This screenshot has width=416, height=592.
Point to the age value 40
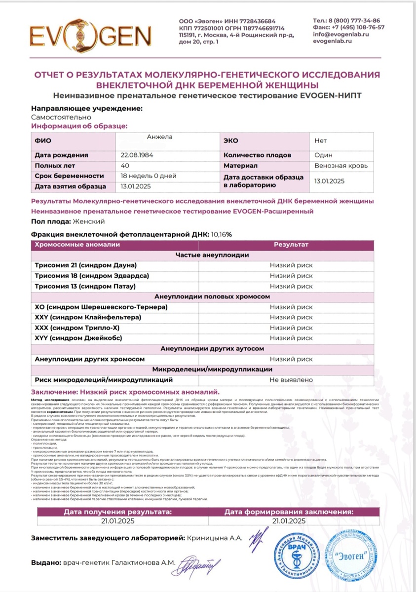125,166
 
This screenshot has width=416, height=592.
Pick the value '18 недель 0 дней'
149,176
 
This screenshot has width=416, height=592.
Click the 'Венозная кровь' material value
340,166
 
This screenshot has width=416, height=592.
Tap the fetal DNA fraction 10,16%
221,234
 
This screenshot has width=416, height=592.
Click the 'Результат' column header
291,245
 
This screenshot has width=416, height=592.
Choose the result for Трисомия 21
291,265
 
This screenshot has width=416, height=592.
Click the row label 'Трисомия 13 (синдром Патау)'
85,286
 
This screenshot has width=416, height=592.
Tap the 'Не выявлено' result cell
291,380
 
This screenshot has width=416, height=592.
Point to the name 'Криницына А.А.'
215,538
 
